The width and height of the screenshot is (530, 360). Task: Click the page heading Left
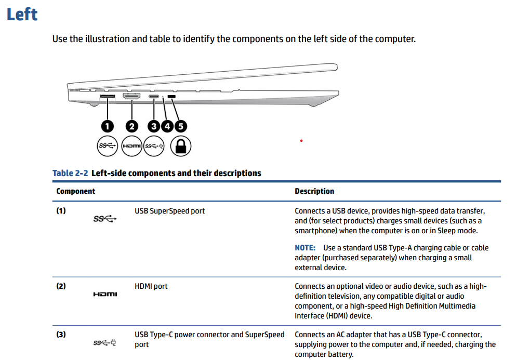[22, 14]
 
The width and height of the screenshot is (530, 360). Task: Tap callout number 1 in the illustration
[108, 126]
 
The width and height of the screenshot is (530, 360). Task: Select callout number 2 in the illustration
[132, 126]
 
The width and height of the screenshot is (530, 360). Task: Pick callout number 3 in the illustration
[154, 126]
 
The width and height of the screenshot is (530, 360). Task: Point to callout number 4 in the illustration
[167, 126]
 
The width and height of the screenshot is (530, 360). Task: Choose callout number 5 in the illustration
[181, 126]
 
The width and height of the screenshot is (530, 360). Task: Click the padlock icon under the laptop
[181, 146]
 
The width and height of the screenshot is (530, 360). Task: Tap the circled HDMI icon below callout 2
[132, 146]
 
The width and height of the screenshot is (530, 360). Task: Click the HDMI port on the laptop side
[132, 97]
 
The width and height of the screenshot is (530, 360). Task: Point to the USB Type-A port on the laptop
[108, 97]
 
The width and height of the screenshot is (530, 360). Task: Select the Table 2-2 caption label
[71, 173]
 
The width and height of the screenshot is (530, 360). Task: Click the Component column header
[76, 191]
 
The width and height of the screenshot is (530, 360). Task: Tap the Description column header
[314, 191]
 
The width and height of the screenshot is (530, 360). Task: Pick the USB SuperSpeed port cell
[169, 211]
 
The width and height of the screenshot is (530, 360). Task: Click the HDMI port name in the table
[151, 286]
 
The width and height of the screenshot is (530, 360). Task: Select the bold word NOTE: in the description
[305, 248]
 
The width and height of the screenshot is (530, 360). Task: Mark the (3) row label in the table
[61, 335]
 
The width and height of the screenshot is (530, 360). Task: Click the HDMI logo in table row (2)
[105, 295]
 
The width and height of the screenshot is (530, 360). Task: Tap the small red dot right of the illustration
[301, 141]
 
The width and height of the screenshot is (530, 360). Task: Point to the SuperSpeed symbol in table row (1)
[105, 219]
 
